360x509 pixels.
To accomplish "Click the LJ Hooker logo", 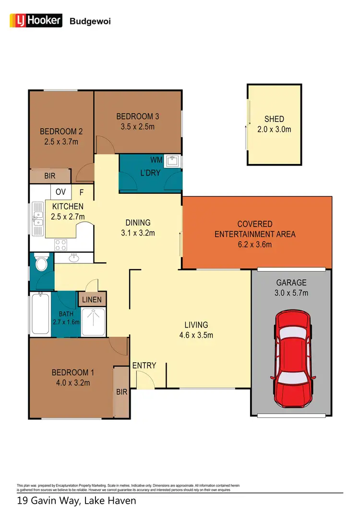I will click(36, 20).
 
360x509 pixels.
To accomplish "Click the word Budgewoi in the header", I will click(90, 21).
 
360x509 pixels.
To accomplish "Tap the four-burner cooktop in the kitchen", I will click(61, 245).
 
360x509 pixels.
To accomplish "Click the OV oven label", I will click(60, 192).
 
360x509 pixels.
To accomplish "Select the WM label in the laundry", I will click(156, 159).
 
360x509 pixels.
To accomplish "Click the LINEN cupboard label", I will click(92, 300).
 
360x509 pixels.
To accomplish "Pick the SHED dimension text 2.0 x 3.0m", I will click(274, 129).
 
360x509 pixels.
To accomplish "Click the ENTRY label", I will click(144, 366).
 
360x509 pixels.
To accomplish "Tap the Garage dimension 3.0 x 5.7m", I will click(291, 293).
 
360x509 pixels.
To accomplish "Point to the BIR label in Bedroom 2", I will click(50, 176).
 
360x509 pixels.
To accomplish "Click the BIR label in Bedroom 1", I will click(121, 392).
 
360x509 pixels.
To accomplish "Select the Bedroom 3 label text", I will click(137, 116).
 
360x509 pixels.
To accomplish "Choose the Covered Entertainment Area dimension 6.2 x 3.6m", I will click(255, 245).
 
